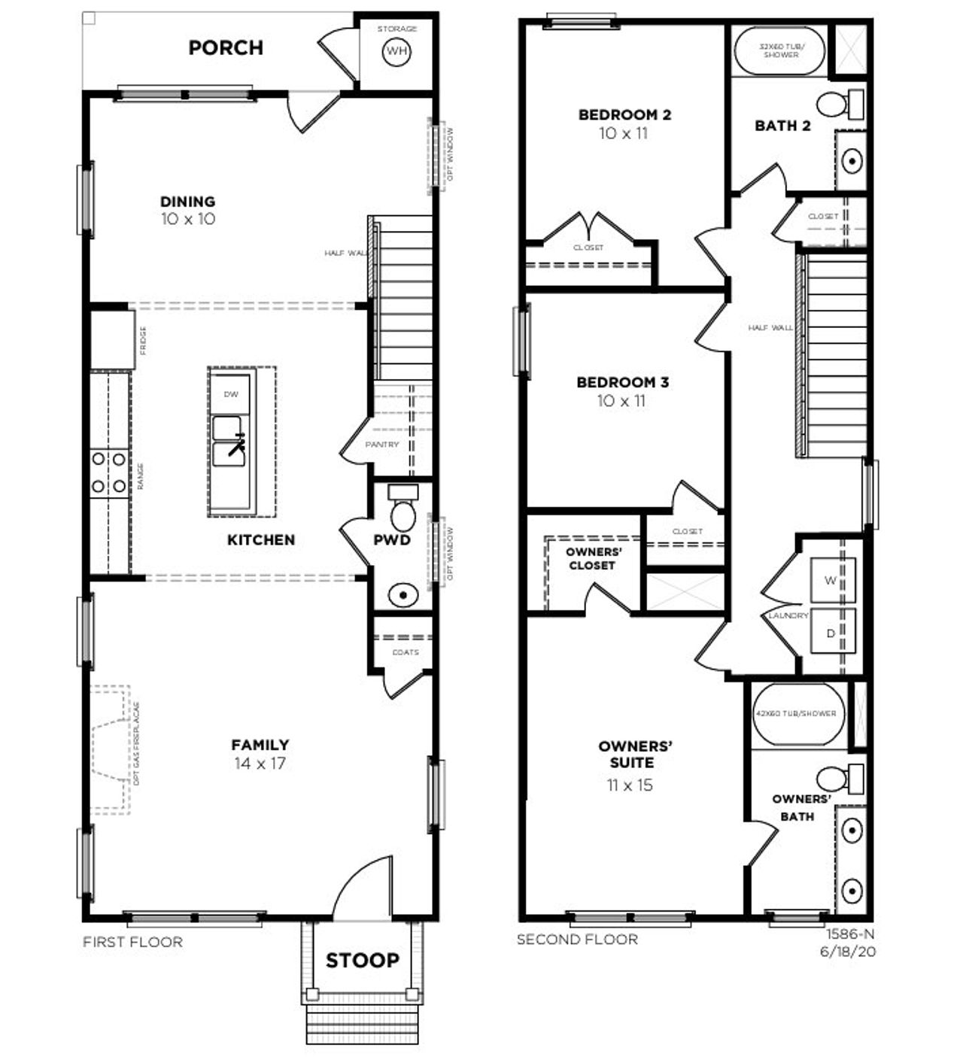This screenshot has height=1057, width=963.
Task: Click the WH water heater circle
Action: coord(396,51)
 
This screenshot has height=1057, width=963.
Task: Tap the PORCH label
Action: coord(226,47)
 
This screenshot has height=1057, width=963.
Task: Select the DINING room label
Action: coord(187,202)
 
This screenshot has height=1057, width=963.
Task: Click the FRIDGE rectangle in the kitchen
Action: coord(113,340)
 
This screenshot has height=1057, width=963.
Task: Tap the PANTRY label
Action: coord(382,445)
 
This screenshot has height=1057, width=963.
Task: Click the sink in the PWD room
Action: coord(404,596)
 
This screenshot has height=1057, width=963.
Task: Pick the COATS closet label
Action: coord(406,652)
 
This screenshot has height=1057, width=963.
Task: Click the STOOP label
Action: coord(362,961)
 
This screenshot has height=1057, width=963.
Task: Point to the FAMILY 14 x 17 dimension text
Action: coord(260,764)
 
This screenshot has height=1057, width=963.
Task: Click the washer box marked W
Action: coord(831,580)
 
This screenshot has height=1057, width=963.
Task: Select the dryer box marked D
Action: coord(831,633)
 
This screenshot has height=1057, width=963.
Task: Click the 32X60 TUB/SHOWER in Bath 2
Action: coord(780,50)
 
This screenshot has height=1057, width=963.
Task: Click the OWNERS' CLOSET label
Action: coord(593,558)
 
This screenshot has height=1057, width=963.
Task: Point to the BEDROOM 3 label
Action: coord(622,382)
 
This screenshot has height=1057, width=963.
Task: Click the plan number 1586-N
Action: coord(851,934)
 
